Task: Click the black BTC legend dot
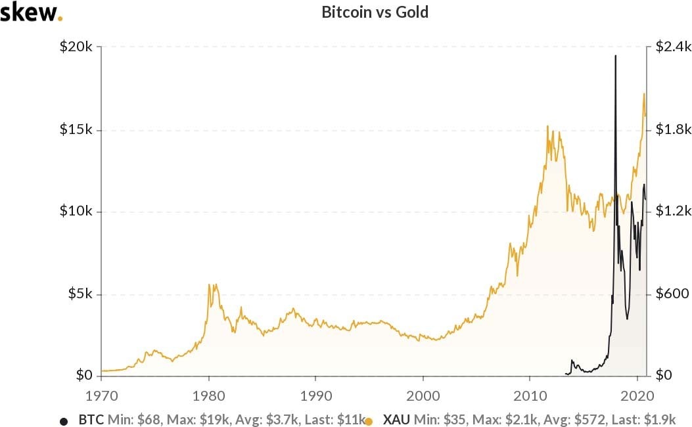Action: pyautogui.click(x=64, y=420)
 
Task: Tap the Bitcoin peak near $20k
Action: pyautogui.click(x=615, y=56)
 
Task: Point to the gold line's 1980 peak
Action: pyautogui.click(x=209, y=284)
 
